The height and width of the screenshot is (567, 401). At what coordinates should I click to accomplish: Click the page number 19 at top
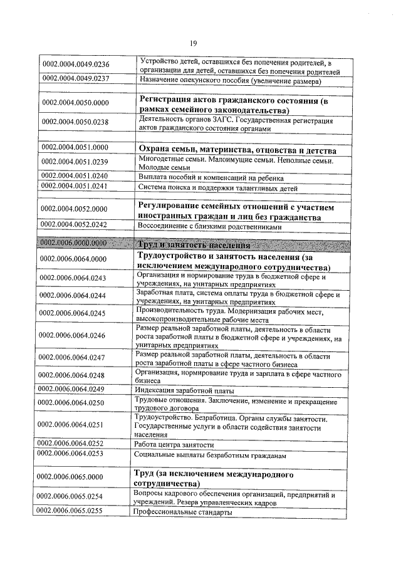click(x=194, y=43)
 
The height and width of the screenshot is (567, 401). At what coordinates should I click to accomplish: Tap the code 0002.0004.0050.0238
click(x=76, y=122)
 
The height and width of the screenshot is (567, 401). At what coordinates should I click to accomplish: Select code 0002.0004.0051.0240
click(x=76, y=176)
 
